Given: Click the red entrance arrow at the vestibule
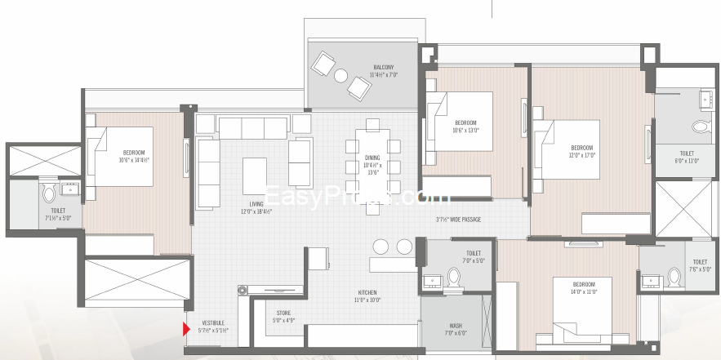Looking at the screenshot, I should [186, 329].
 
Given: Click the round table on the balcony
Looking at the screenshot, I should [341, 76].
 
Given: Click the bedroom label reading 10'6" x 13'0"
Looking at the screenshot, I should [465, 126].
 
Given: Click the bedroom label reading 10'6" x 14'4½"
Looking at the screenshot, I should [134, 157].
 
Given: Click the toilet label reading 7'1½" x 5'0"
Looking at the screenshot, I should [51, 214].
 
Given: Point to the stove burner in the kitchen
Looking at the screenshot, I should [243, 289].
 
